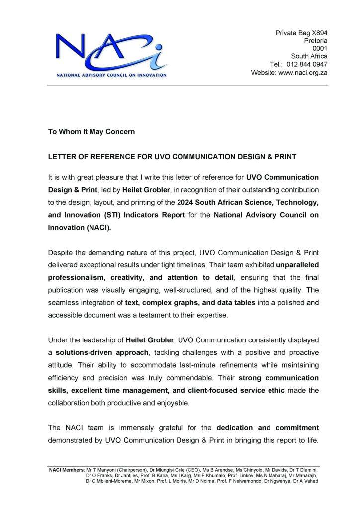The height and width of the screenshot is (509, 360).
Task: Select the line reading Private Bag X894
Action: click(x=301, y=33)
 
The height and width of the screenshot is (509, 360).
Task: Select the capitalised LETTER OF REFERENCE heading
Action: click(x=172, y=157)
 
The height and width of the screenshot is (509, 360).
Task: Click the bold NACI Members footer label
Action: click(x=67, y=469)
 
